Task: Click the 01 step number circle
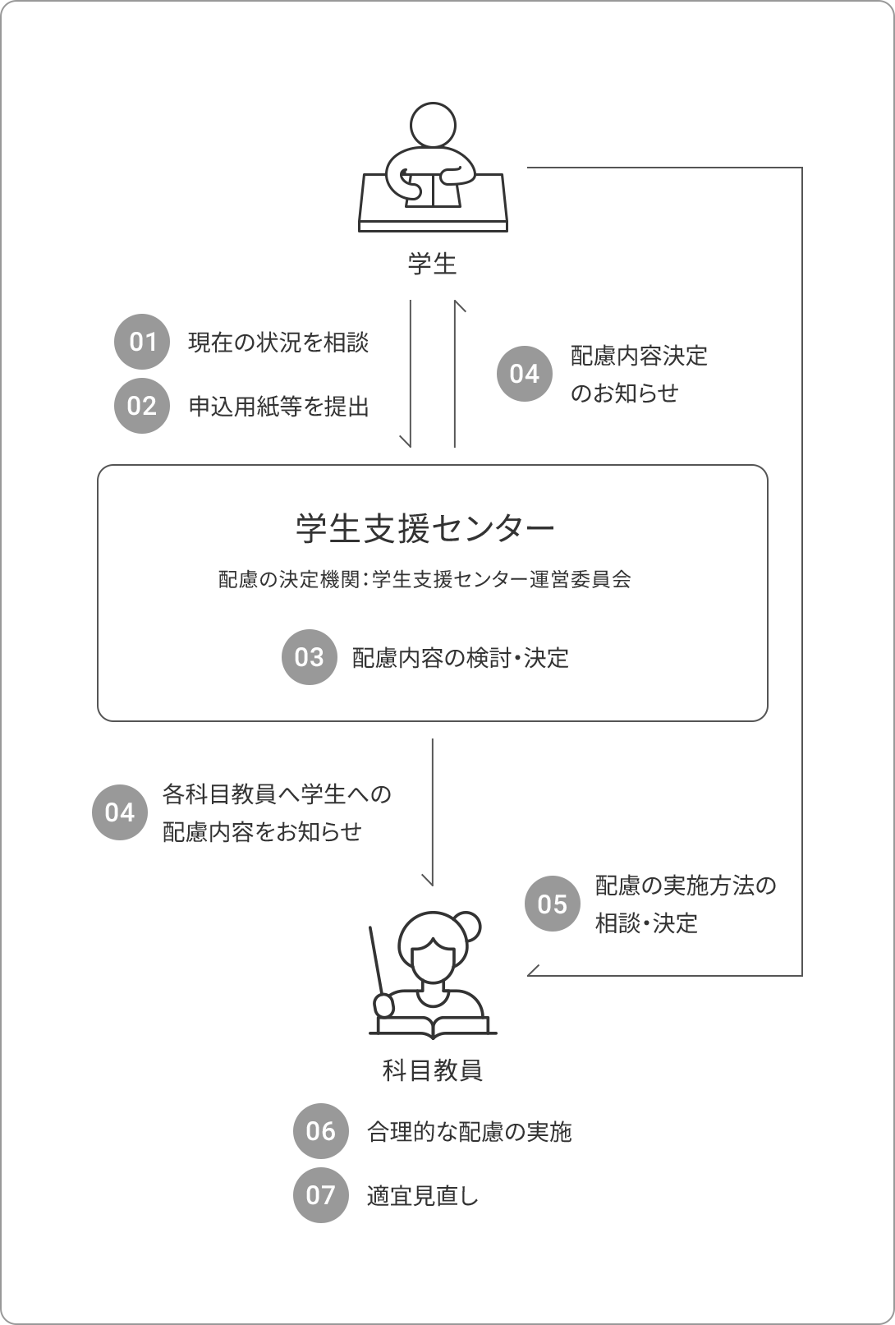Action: tap(142, 342)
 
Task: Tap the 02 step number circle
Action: tap(142, 406)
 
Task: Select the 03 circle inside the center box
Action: tap(310, 657)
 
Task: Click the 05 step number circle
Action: tap(553, 904)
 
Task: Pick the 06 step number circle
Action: tap(321, 1131)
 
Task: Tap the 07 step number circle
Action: tap(321, 1195)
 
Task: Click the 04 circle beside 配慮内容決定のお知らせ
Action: tap(525, 374)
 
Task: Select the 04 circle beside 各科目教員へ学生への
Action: tap(119, 812)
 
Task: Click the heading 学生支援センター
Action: tap(425, 528)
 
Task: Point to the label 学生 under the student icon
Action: tap(432, 264)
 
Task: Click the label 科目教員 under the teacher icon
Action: tap(433, 1070)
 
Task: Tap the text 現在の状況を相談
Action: tap(278, 343)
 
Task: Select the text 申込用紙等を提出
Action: tap(279, 407)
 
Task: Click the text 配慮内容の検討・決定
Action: tap(461, 658)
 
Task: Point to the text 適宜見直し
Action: tap(423, 1196)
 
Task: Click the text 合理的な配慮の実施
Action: tap(470, 1132)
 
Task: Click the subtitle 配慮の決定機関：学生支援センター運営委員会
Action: tap(425, 580)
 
